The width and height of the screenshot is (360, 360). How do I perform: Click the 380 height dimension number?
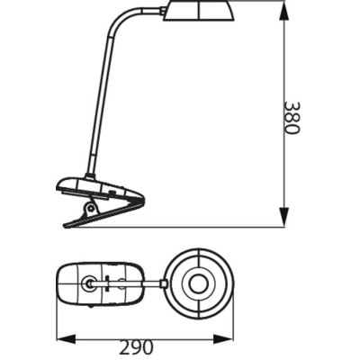click(290, 116)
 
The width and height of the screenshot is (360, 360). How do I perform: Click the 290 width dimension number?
click(135, 346)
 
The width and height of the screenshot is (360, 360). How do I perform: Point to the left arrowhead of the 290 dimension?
click(60, 339)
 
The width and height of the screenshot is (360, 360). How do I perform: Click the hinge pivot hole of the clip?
click(90, 208)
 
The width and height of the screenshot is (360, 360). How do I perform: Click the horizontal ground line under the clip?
click(198, 227)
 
